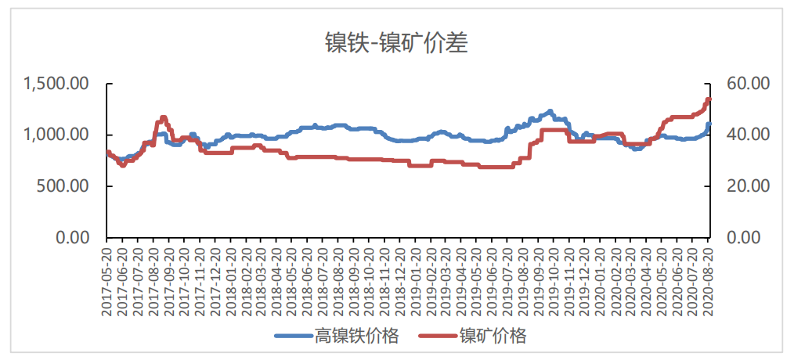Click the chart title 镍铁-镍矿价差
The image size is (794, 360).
click(x=396, y=43)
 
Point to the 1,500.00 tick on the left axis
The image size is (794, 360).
click(x=57, y=83)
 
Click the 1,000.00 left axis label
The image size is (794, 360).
click(x=57, y=135)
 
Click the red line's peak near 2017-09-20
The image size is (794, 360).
click(x=163, y=117)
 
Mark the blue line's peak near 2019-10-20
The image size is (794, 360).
click(x=550, y=111)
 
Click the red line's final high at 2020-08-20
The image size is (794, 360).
click(x=709, y=99)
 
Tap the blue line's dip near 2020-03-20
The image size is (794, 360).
click(x=637, y=148)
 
